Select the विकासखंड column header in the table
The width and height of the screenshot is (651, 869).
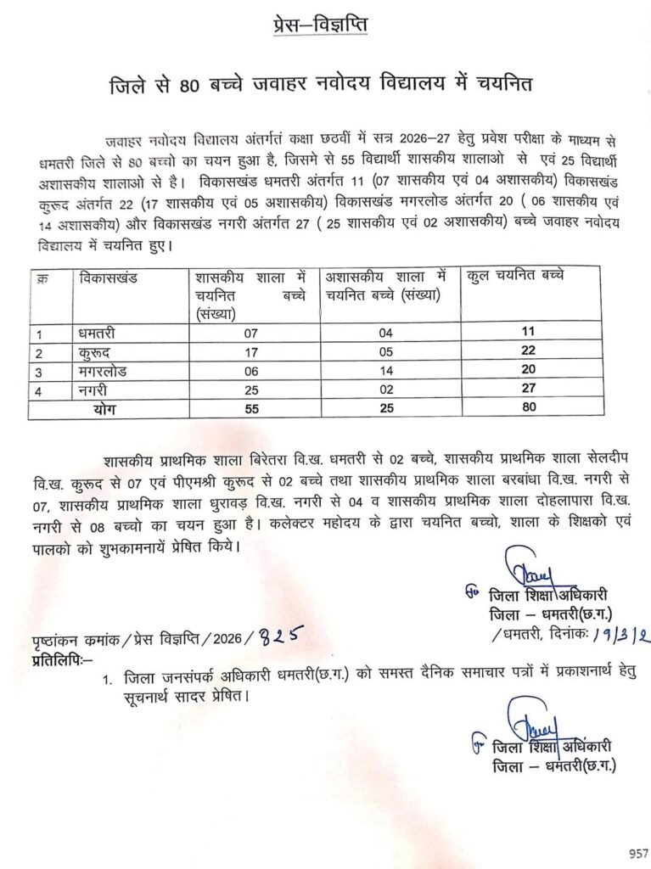tap(109, 278)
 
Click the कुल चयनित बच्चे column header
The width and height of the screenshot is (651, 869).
tap(516, 276)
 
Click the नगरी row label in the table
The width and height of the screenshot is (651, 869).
tap(93, 390)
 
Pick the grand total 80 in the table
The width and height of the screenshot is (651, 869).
tap(530, 409)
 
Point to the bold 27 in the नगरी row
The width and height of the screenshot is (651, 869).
tap(530, 390)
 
